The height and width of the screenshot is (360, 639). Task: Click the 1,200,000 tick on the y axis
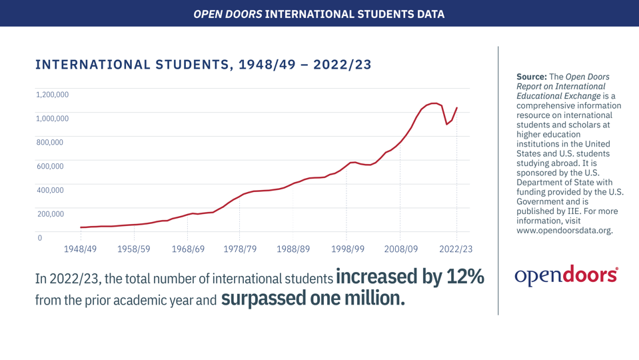tap(52, 95)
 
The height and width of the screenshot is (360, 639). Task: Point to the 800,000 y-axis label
tap(49, 142)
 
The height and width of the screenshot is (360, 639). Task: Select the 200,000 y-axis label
tap(49, 214)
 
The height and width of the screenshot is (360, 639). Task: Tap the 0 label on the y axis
tap(39, 238)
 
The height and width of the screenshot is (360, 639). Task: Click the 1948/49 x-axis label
tap(81, 249)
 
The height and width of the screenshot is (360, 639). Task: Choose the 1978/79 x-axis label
tap(240, 249)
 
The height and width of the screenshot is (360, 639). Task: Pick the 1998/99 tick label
tap(346, 249)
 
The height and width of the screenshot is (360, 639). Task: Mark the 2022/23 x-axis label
tap(456, 249)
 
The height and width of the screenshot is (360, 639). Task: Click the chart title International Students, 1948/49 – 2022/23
tap(203, 65)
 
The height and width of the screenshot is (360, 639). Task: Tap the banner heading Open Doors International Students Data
tap(319, 13)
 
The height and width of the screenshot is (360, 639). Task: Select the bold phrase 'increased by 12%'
tap(410, 277)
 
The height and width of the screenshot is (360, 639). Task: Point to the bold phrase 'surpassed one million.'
tap(313, 298)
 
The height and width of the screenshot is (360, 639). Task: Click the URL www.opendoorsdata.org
tap(564, 231)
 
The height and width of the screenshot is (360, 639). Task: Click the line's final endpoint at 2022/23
tap(456, 108)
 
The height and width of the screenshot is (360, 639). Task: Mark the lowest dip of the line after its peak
tap(446, 125)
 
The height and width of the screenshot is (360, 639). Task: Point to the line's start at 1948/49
tap(81, 227)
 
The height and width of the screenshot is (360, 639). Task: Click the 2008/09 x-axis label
tap(400, 249)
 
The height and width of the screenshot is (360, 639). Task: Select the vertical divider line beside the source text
tap(498, 180)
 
